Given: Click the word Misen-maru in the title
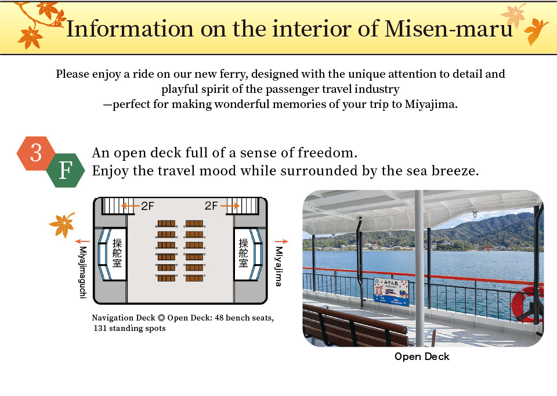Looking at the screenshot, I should pyautogui.click(x=449, y=28).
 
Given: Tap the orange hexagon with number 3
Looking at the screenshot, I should pyautogui.click(x=36, y=153).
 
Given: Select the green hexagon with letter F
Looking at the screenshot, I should pyautogui.click(x=65, y=171).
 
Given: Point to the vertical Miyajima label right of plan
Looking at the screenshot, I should pyautogui.click(x=278, y=266).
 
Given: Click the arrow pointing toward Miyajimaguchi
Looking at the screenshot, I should pyautogui.click(x=82, y=241).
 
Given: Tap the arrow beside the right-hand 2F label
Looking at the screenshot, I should pyautogui.click(x=230, y=206).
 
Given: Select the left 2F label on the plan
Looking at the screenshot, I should pyautogui.click(x=148, y=206).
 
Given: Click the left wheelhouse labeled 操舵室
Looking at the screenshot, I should pyautogui.click(x=117, y=254).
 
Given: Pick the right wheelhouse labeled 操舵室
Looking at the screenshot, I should pyautogui.click(x=243, y=254).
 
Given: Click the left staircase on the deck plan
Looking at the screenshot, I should pyautogui.click(x=114, y=205).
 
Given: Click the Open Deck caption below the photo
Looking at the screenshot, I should pyautogui.click(x=422, y=356).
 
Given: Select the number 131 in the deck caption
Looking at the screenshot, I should pyautogui.click(x=103, y=328).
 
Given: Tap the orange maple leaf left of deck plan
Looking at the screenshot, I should pyautogui.click(x=62, y=225).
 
